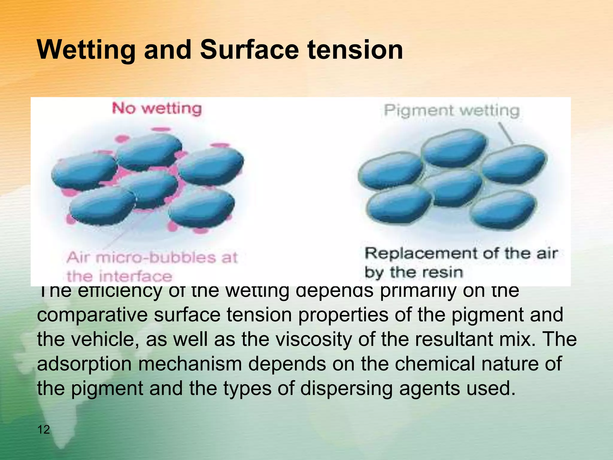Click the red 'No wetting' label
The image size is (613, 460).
[157, 108]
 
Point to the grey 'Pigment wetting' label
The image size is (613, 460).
[452, 111]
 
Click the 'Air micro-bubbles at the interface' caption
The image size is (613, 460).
[151, 267]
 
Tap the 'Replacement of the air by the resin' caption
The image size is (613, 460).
[461, 263]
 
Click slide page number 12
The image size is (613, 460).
[44, 429]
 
